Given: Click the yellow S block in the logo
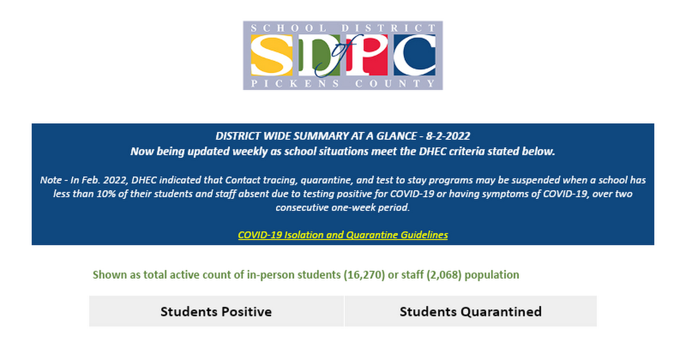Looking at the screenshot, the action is [x=272, y=55].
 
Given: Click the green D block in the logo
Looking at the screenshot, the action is [x=320, y=55].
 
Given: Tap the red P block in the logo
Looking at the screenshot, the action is [x=367, y=55].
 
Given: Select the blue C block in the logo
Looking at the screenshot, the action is [x=414, y=55].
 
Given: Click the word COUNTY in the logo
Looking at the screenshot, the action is [x=395, y=83].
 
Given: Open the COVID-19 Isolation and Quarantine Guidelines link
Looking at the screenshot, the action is [x=343, y=235].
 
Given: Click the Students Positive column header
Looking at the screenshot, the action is [x=216, y=311].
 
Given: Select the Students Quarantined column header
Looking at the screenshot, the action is [x=470, y=311].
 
